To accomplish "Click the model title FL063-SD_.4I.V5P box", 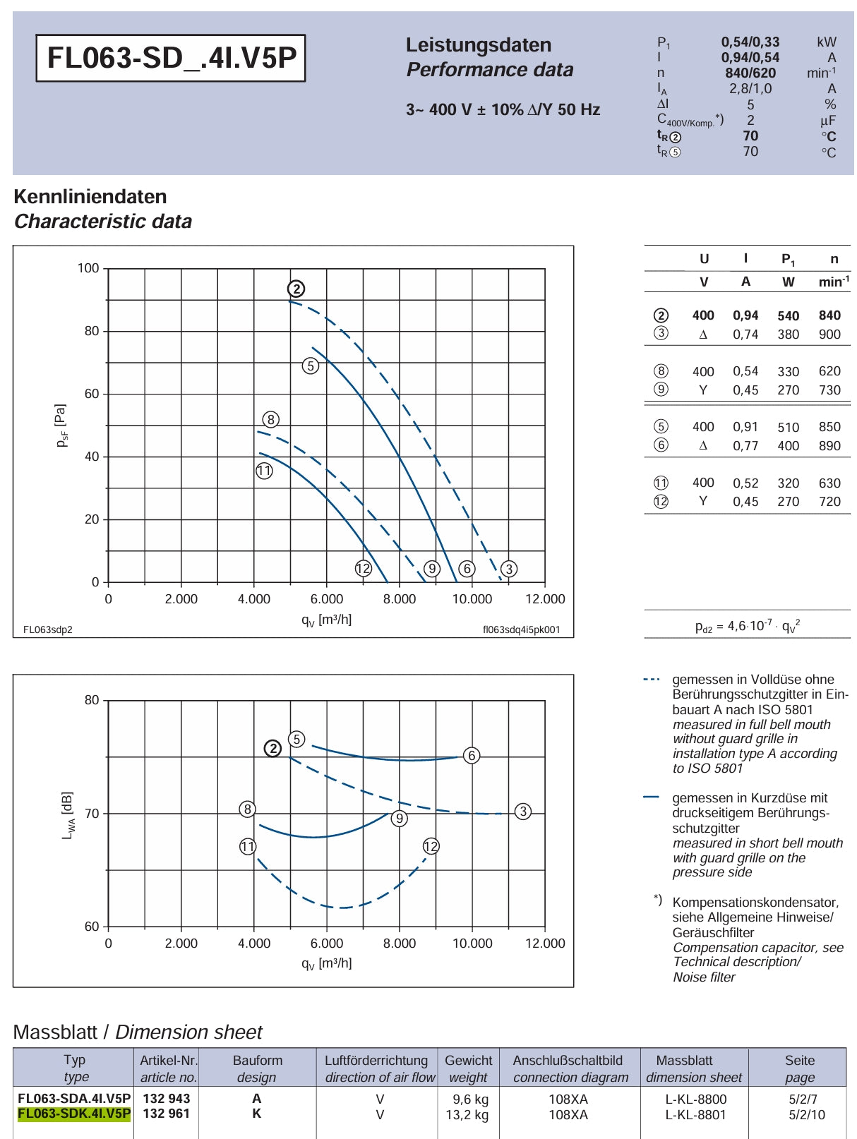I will point(171,58).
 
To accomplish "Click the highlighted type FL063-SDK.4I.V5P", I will point(74,1114).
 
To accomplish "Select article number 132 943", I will point(167,1098).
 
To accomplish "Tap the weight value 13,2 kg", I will point(467,1114).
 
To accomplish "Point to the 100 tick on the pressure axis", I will point(88,268).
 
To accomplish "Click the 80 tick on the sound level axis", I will point(92,700).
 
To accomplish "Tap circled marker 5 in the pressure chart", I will point(310,366).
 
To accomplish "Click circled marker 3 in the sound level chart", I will point(523,812).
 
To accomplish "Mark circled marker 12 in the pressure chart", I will point(363,568).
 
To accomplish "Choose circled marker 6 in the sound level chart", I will point(472,756).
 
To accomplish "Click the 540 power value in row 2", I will point(788,316).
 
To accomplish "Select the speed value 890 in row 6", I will point(829,445).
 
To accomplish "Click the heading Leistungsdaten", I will point(479,45).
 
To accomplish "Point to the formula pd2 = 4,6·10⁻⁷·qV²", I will point(747,626).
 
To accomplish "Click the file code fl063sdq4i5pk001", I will point(521,629).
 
